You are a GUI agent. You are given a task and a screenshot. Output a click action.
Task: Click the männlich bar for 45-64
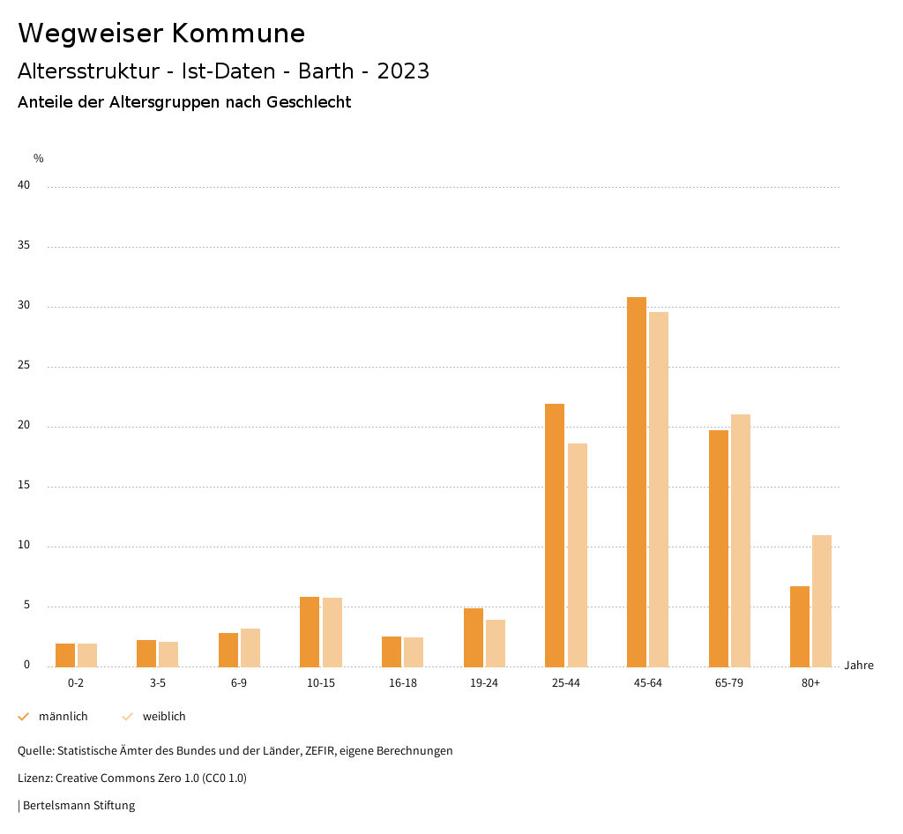tap(637, 481)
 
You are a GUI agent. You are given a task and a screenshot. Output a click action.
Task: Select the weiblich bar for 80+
tap(822, 600)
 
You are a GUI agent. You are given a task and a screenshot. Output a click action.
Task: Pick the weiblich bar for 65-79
tap(741, 540)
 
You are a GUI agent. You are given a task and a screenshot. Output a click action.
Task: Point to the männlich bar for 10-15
tap(310, 631)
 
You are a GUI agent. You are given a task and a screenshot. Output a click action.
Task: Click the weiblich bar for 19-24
tap(496, 643)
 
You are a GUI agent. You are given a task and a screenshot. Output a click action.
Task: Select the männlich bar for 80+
tap(800, 626)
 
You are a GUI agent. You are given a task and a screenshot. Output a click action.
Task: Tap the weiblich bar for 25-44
tap(578, 555)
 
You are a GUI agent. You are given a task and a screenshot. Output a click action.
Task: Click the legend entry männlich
tap(63, 717)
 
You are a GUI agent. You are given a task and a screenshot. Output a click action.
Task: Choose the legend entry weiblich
tap(164, 717)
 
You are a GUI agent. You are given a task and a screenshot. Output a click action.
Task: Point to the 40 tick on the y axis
tap(24, 186)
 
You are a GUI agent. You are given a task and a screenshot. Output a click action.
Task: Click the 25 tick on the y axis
tap(24, 366)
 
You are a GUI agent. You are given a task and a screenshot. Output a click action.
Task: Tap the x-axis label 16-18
tap(403, 683)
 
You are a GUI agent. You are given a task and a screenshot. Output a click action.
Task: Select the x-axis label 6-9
tap(239, 683)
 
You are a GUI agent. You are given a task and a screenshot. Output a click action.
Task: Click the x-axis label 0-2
tap(76, 683)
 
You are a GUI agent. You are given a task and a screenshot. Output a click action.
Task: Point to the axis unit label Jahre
tap(859, 666)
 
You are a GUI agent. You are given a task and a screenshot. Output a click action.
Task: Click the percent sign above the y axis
tap(39, 159)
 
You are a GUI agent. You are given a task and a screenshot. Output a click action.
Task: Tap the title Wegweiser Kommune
tap(161, 34)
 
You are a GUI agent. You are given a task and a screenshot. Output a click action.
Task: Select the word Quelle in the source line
tap(34, 751)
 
